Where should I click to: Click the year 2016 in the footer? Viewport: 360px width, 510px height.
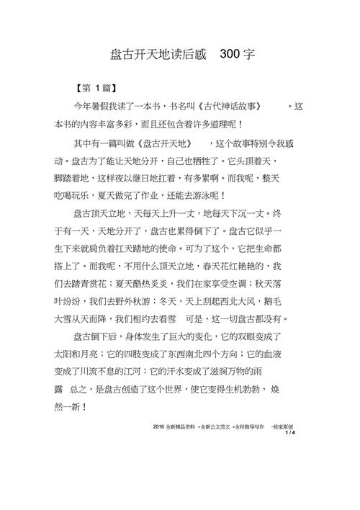tap(159, 426)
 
